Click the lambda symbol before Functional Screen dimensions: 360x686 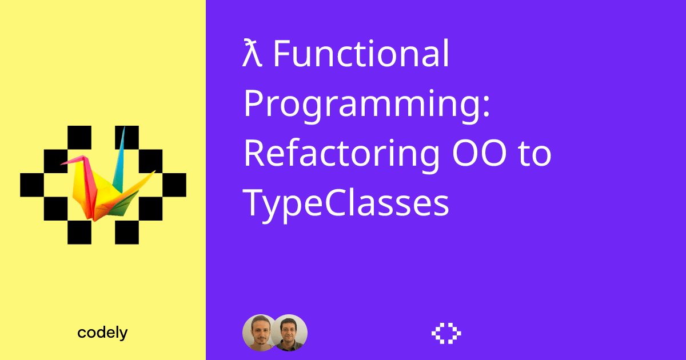point(253,55)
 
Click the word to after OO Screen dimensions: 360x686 point(535,154)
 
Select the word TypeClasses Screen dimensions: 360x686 point(346,203)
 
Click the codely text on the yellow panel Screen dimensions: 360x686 point(102,333)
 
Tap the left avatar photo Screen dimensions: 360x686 point(260,332)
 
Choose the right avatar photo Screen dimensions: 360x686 point(289,332)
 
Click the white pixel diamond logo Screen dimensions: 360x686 point(446,333)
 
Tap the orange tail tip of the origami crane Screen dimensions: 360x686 point(153,172)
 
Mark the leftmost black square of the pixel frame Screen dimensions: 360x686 point(32,184)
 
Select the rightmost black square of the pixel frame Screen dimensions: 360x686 point(174,184)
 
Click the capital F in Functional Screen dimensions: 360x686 point(281,55)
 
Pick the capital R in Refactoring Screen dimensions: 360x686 point(254,154)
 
